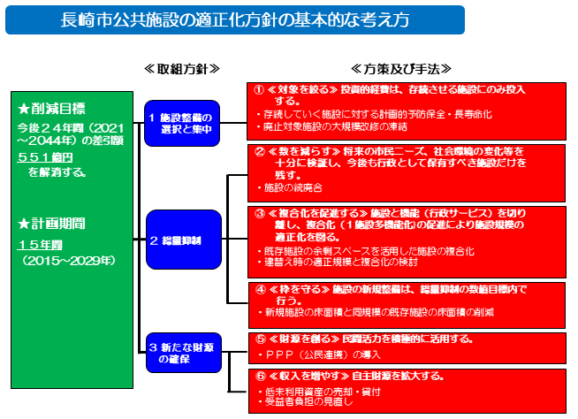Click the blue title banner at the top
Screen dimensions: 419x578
[x=234, y=20]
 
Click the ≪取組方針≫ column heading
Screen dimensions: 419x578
[x=181, y=68]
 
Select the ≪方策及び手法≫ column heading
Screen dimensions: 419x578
[x=401, y=68]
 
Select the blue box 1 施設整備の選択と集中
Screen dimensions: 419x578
[x=181, y=122]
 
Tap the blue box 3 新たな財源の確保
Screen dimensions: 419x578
[x=181, y=354]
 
